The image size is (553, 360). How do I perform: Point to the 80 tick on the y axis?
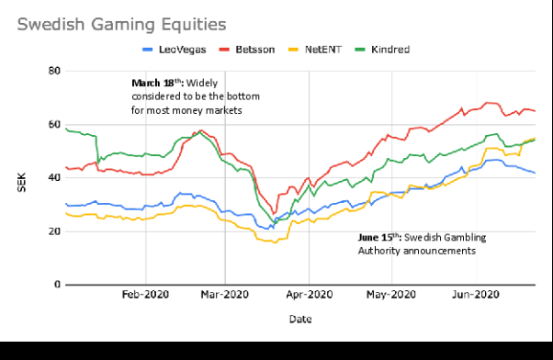click(54, 71)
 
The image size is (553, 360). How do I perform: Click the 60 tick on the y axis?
click(54, 124)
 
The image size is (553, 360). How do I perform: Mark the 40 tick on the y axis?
click(54, 178)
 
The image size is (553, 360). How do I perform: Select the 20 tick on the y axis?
click(54, 231)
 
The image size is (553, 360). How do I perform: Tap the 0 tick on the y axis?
click(57, 285)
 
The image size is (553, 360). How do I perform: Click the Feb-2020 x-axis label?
click(146, 296)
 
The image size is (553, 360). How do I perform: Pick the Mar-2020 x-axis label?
click(226, 296)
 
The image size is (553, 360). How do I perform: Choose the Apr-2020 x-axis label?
click(309, 296)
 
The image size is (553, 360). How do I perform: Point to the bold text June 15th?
click(380, 237)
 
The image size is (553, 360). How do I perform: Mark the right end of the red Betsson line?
click(536, 111)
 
